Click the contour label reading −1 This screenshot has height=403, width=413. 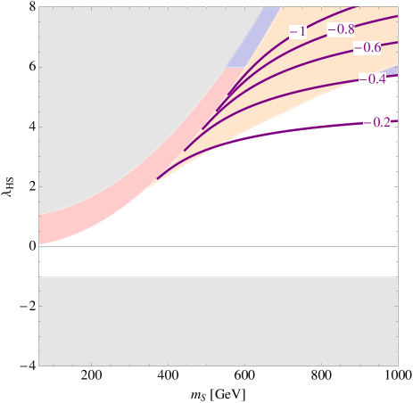click(x=298, y=32)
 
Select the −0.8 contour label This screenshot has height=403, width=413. click(x=341, y=29)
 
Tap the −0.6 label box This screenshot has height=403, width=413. click(x=367, y=47)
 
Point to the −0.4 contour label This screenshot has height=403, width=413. click(x=372, y=79)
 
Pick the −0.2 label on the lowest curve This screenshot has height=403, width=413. click(x=377, y=122)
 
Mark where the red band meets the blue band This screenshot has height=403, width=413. click(x=235, y=68)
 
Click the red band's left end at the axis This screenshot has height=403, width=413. click(x=42, y=229)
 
